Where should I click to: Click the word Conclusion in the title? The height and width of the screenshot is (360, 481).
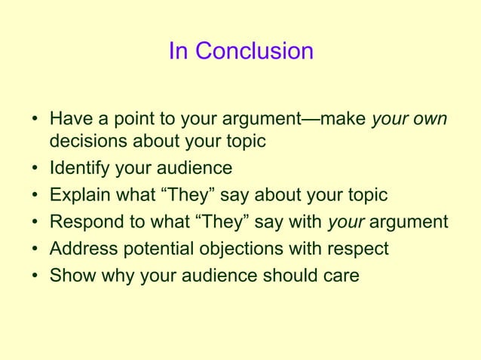coord(254,52)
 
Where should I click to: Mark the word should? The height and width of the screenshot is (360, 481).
coord(285,276)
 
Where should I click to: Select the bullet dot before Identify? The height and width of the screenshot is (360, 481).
coord(35,169)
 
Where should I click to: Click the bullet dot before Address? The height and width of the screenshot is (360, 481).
coord(35,249)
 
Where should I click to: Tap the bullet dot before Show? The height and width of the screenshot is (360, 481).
coord(35,276)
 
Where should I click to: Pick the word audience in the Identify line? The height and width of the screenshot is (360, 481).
coord(196,168)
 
